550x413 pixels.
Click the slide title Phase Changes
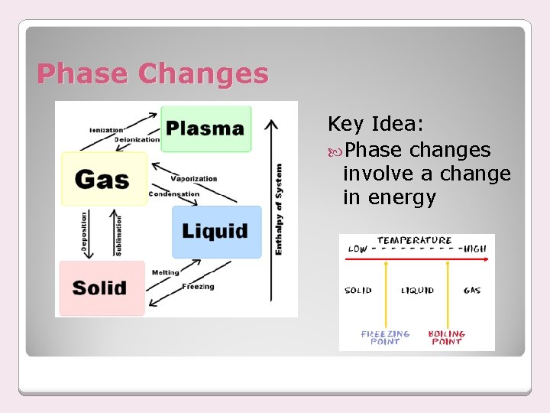153,74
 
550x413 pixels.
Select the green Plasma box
205,128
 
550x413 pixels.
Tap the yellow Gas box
103,179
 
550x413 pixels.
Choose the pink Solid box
100,288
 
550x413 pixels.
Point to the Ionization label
106,130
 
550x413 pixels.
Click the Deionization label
137,140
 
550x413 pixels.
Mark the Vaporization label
194,179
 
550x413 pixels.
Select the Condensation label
174,194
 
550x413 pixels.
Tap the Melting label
166,272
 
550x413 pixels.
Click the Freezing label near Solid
199,287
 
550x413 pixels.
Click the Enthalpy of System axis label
279,209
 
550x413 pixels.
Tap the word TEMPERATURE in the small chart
415,240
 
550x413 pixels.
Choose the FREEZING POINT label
385,337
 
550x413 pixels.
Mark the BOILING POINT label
446,337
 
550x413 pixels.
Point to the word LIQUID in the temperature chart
417,291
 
